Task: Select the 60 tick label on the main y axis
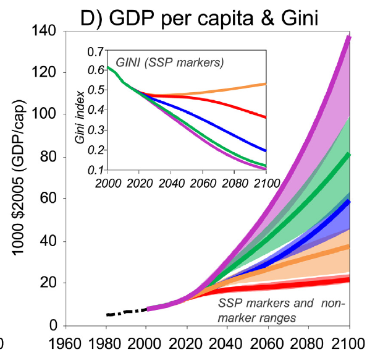[49, 199]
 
